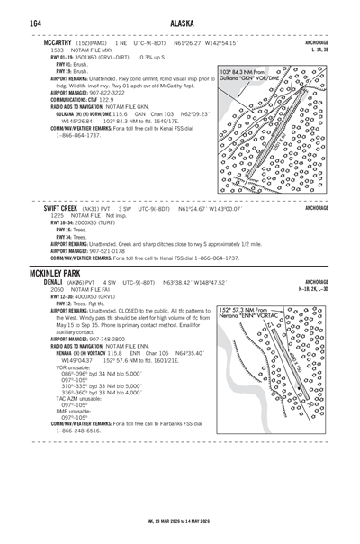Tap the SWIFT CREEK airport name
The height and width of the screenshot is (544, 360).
pyautogui.click(x=61, y=207)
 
